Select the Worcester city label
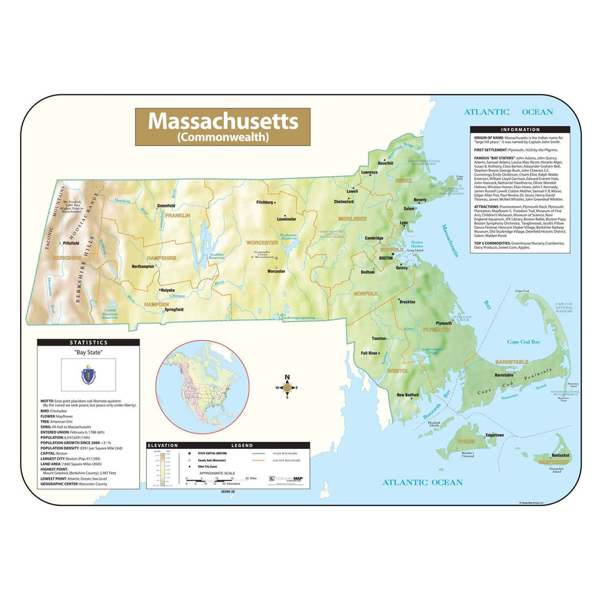276,272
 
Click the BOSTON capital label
386,258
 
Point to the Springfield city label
174,309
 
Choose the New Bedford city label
408,395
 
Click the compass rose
287,388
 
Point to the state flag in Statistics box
87,376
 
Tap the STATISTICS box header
88,342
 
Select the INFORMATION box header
520,129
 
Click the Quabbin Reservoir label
216,256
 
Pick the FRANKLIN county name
177,215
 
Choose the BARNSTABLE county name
512,362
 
